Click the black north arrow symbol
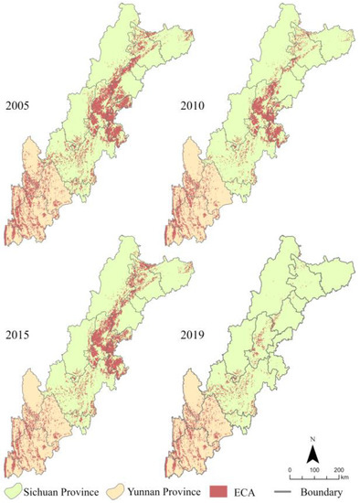click(x=312, y=455)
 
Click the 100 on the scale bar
click(x=314, y=469)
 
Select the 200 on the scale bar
click(x=337, y=469)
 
